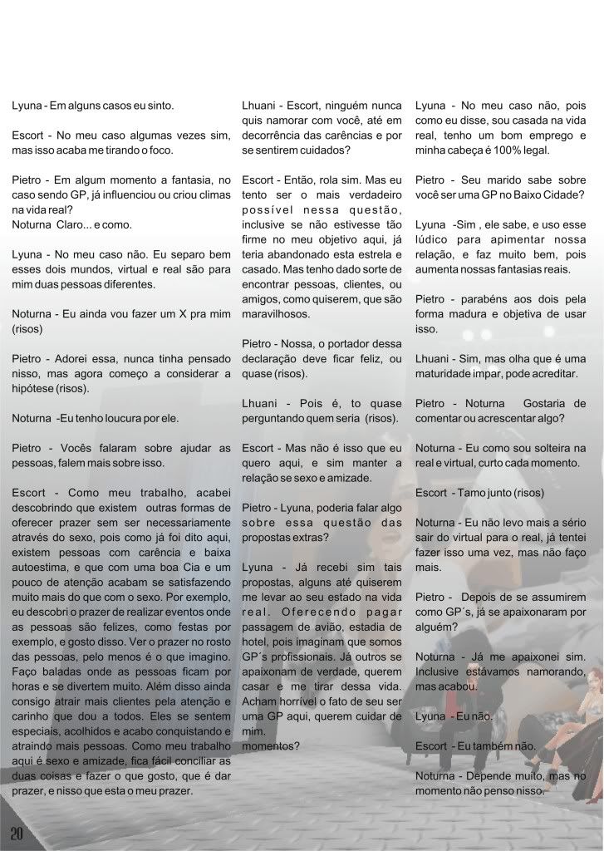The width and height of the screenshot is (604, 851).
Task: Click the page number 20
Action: click(x=17, y=832)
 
